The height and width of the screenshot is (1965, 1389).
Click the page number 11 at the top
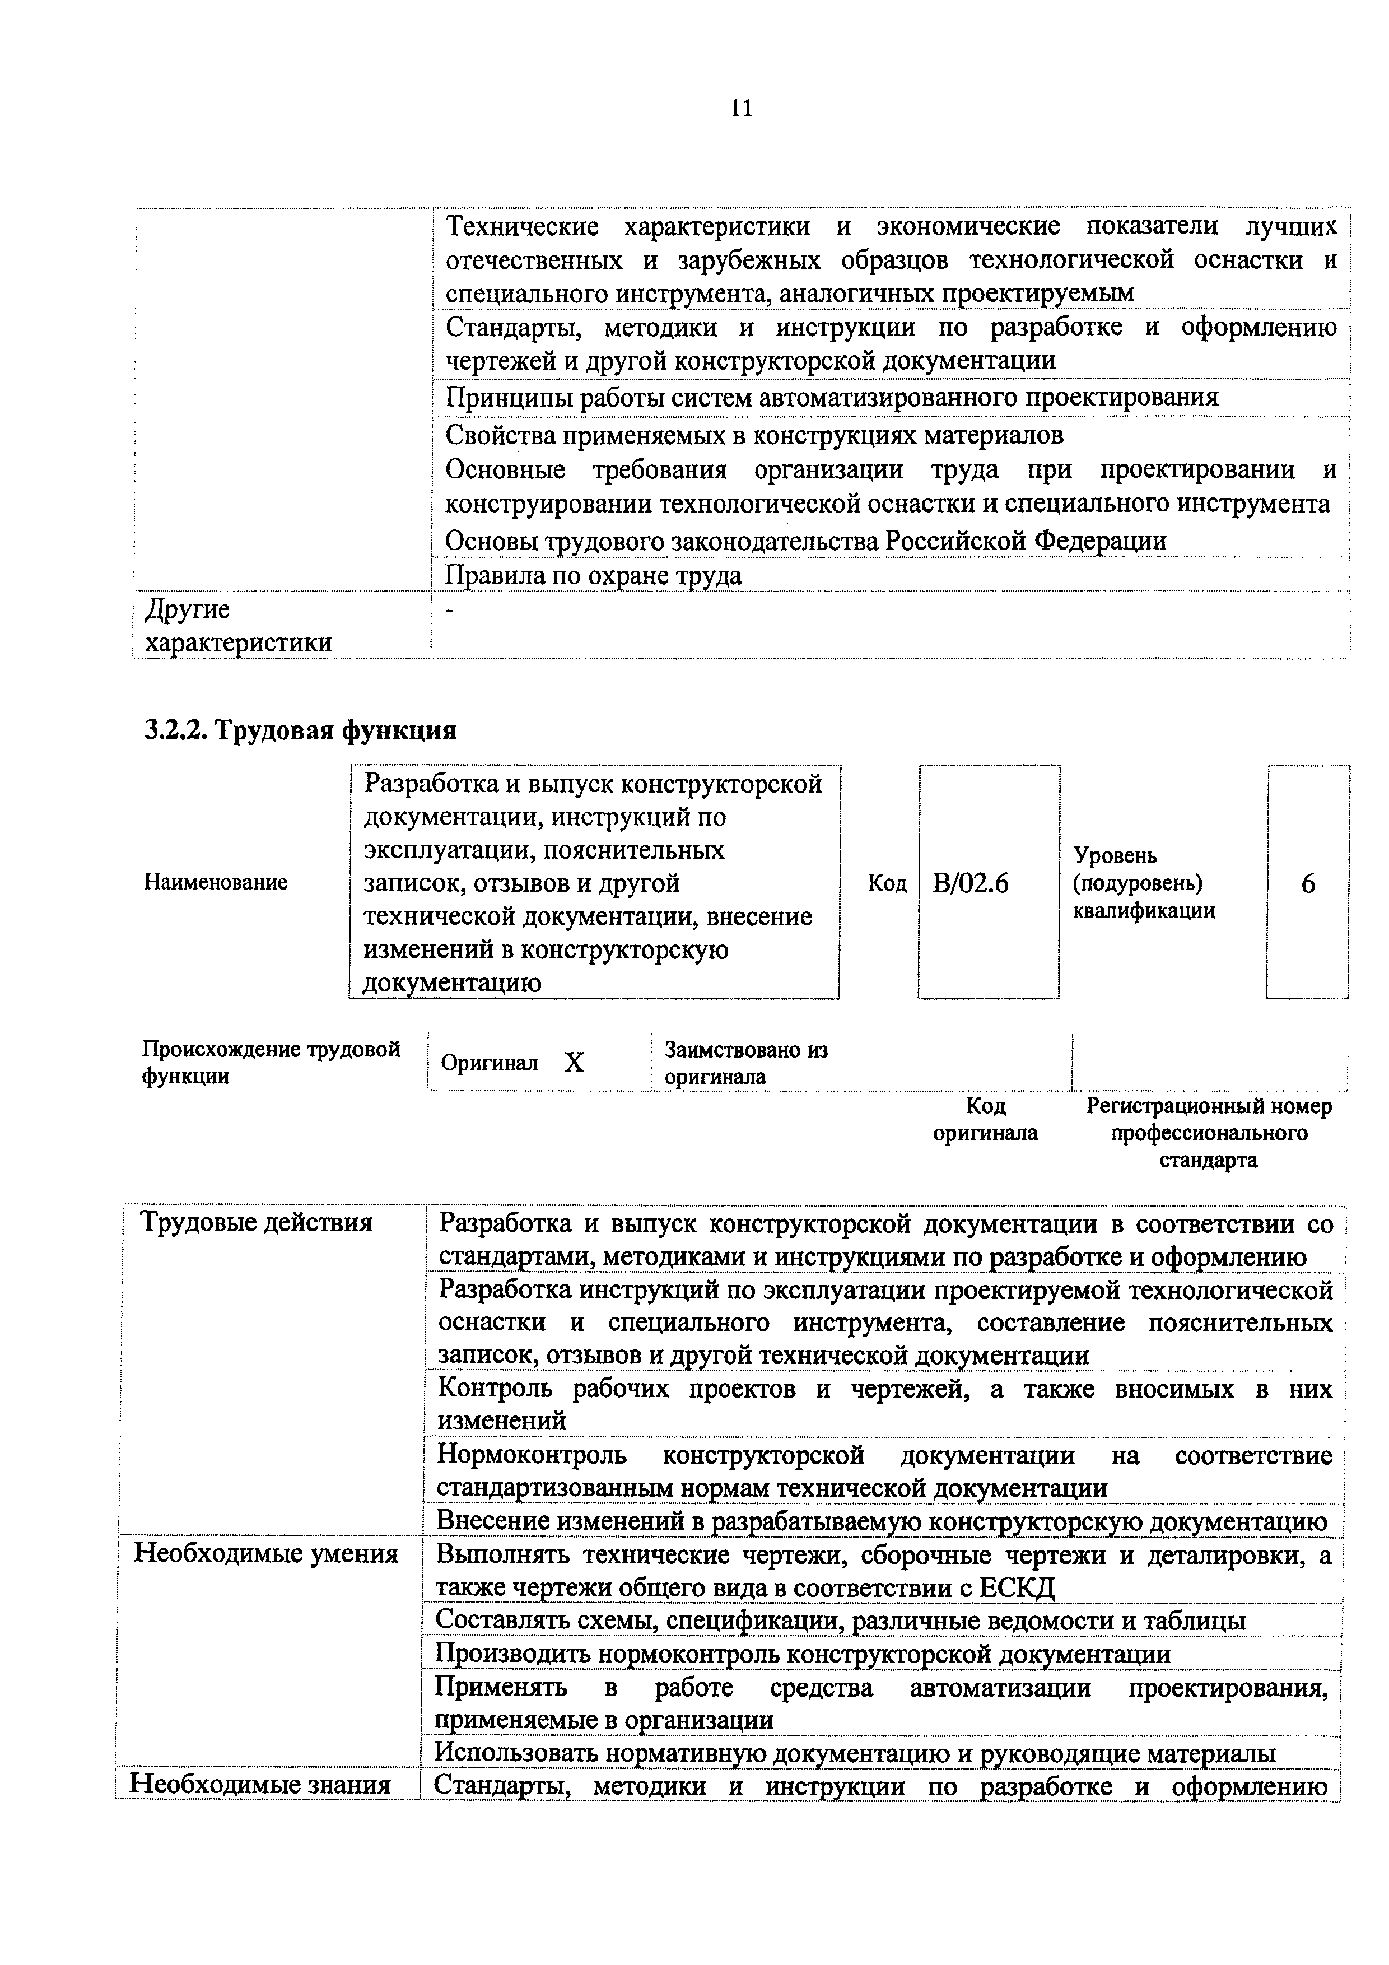tap(741, 108)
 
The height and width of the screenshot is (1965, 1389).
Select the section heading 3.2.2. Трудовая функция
tap(300, 730)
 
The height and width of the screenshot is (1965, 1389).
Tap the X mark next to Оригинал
tap(574, 1062)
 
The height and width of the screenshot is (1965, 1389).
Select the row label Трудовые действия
tap(256, 1223)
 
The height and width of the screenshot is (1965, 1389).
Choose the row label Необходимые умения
tap(266, 1553)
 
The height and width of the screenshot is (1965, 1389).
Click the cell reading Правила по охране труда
tap(593, 576)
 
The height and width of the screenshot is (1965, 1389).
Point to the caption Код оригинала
tap(985, 1119)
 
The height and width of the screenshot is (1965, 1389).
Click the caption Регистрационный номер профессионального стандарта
tap(1209, 1133)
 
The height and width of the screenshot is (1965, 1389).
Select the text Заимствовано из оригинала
tap(746, 1063)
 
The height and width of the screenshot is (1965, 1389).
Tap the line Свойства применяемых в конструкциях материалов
tap(754, 436)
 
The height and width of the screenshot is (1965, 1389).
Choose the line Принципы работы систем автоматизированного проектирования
tap(832, 397)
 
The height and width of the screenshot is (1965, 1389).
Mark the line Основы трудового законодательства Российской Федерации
tap(805, 541)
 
